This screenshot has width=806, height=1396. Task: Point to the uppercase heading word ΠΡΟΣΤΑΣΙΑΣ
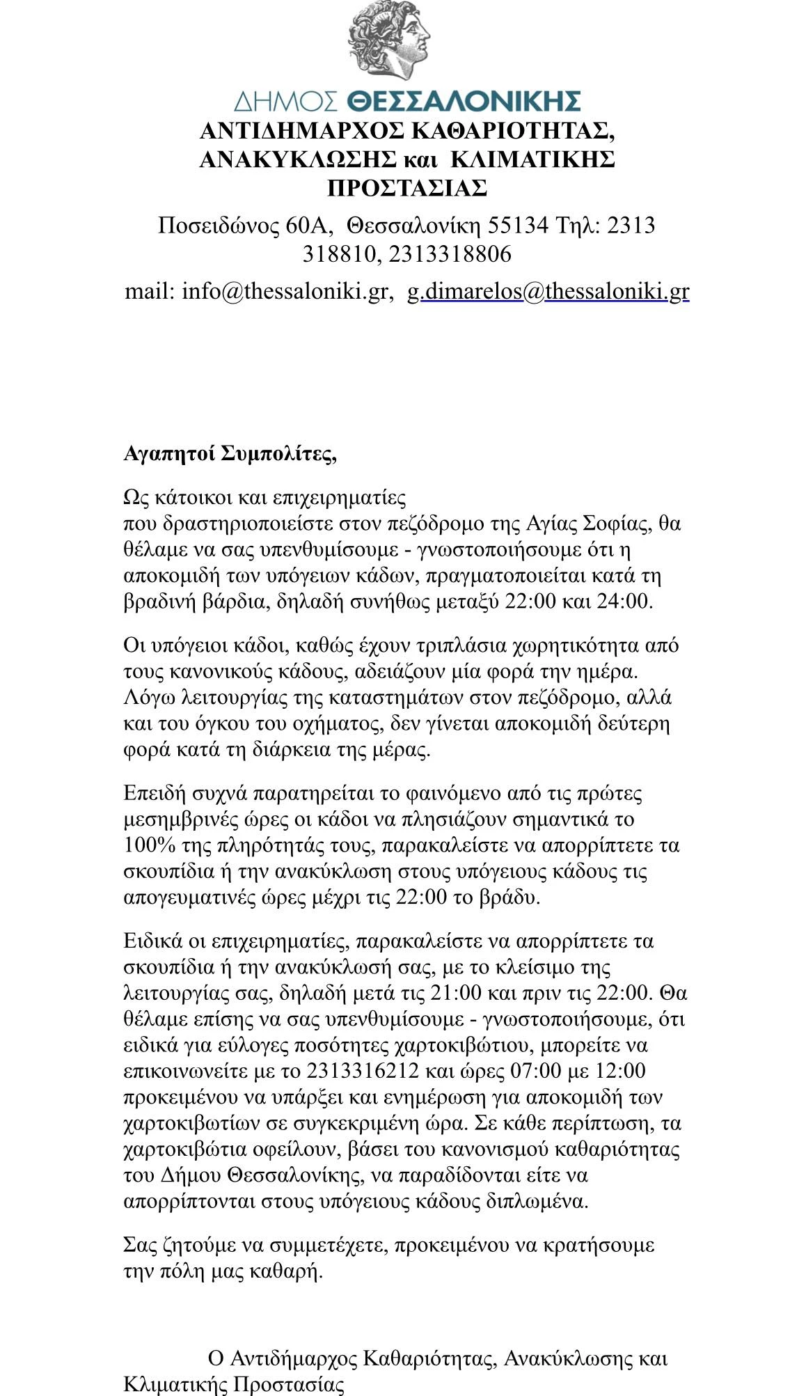(406, 188)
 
